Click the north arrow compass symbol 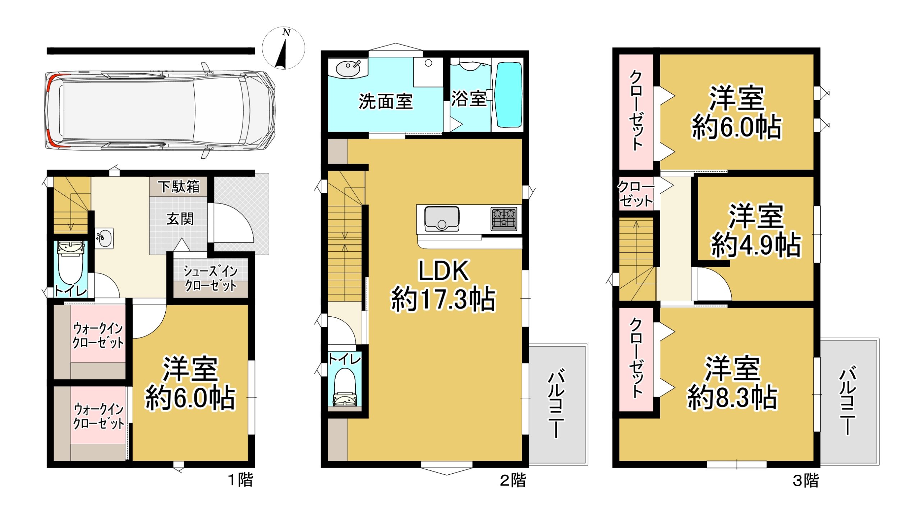click(x=284, y=48)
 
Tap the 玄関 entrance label click(x=180, y=219)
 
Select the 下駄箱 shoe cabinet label click(x=179, y=187)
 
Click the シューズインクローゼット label click(x=211, y=278)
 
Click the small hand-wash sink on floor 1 click(x=104, y=238)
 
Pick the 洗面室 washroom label click(x=386, y=101)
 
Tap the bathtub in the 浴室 click(x=509, y=95)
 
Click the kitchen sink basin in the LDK click(x=442, y=218)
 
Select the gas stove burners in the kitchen click(x=504, y=218)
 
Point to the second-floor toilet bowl click(x=345, y=387)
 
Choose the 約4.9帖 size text click(x=756, y=245)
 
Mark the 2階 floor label click(x=513, y=480)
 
